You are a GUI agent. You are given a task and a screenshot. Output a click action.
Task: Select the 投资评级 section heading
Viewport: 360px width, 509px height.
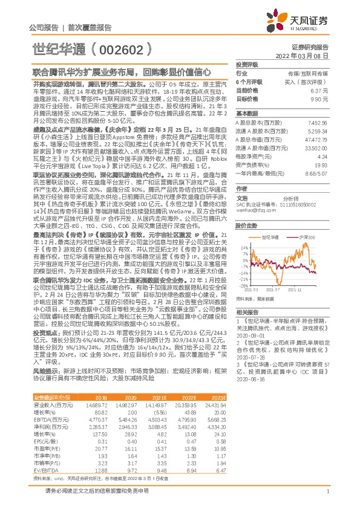click(x=247, y=64)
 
